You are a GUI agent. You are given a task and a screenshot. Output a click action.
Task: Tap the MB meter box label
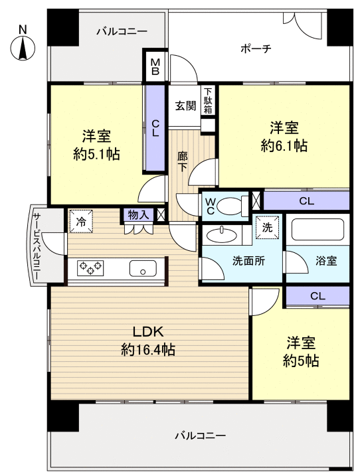click(x=155, y=66)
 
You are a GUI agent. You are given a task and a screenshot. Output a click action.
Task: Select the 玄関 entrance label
click(x=185, y=106)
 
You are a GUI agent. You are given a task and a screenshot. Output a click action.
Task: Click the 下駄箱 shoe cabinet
click(x=208, y=101)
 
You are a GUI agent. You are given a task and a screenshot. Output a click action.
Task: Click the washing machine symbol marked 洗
click(x=267, y=227)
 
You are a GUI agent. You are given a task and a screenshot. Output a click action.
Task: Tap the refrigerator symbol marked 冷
click(x=81, y=222)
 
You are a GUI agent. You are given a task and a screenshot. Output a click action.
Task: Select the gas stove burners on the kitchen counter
click(x=90, y=268)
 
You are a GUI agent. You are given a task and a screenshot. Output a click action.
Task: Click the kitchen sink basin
click(x=143, y=268)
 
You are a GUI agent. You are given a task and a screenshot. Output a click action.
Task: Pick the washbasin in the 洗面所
click(x=223, y=235)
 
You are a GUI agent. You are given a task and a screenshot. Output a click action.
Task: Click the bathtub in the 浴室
click(x=317, y=230)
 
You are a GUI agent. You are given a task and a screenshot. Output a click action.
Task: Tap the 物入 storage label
click(x=138, y=215)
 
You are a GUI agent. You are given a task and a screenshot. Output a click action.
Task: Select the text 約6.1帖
click(x=284, y=146)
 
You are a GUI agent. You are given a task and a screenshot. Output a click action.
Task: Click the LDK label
click(x=148, y=332)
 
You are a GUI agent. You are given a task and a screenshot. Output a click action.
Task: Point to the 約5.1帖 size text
click(x=96, y=154)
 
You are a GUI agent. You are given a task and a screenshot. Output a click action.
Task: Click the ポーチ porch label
click(x=256, y=48)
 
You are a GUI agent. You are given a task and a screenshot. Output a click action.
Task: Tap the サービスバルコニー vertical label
click(x=36, y=246)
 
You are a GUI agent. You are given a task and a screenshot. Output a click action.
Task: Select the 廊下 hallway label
click(x=182, y=161)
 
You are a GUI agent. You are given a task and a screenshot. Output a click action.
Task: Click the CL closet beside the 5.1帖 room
click(x=155, y=128)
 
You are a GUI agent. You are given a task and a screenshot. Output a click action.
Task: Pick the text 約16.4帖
click(x=148, y=349)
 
